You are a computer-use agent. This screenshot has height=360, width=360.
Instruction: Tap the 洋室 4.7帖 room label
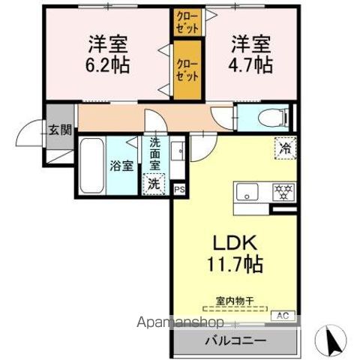click(x=250, y=55)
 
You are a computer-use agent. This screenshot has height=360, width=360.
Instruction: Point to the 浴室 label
click(x=122, y=166)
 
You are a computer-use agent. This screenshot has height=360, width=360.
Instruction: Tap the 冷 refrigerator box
click(x=284, y=148)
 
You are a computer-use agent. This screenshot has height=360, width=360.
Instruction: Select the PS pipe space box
click(x=179, y=190)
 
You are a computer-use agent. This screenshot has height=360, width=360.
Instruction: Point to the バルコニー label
click(x=235, y=340)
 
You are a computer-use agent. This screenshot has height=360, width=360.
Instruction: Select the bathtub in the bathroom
click(x=91, y=166)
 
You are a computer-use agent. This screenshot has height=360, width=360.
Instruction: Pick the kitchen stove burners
click(x=283, y=190)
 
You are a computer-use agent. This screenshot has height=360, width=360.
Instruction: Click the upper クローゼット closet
click(x=187, y=20)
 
